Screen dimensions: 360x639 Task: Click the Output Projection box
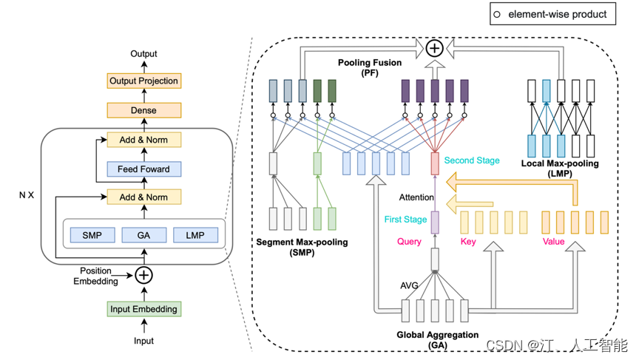pos(143,81)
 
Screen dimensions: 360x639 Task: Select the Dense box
pos(143,110)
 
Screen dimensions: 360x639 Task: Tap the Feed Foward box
pos(143,169)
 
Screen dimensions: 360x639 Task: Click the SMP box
pos(92,235)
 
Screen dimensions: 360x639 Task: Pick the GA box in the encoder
pos(143,235)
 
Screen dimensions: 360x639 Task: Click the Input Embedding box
pos(143,309)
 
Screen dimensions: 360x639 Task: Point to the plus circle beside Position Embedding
pos(143,275)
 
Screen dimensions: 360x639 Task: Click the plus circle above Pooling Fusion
pos(434,48)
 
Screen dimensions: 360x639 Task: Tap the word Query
pos(409,242)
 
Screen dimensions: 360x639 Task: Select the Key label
pos(468,242)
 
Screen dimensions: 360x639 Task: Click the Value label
pos(553,242)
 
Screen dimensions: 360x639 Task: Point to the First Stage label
pos(405,220)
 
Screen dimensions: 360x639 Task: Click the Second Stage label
pos(472,160)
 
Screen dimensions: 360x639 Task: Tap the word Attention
pos(416,197)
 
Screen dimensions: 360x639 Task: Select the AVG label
pos(408,285)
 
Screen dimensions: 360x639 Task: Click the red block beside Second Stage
pos(435,163)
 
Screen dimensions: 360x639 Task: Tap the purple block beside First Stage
pos(435,222)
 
